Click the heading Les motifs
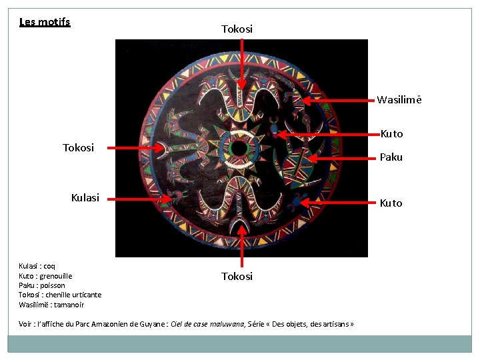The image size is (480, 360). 45,22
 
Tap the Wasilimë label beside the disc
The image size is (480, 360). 399,101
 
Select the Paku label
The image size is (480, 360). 391,157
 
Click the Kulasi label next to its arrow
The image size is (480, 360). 85,197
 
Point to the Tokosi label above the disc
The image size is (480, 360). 237,29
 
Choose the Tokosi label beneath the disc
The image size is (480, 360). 237,276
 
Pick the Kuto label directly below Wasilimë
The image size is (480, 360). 391,134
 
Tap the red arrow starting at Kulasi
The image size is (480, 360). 140,198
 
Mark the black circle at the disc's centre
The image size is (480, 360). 238,148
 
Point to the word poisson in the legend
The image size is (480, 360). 52,285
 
